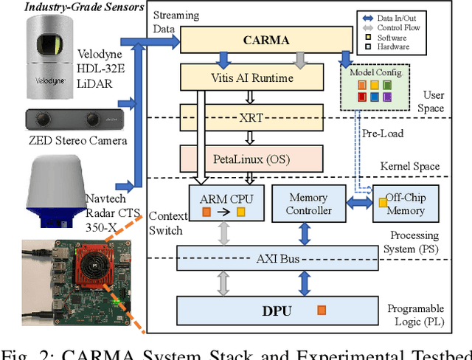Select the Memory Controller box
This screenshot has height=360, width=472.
(308, 204)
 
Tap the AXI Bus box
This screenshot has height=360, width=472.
(277, 258)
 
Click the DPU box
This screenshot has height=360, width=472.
(277, 310)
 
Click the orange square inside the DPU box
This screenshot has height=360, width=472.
(320, 311)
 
